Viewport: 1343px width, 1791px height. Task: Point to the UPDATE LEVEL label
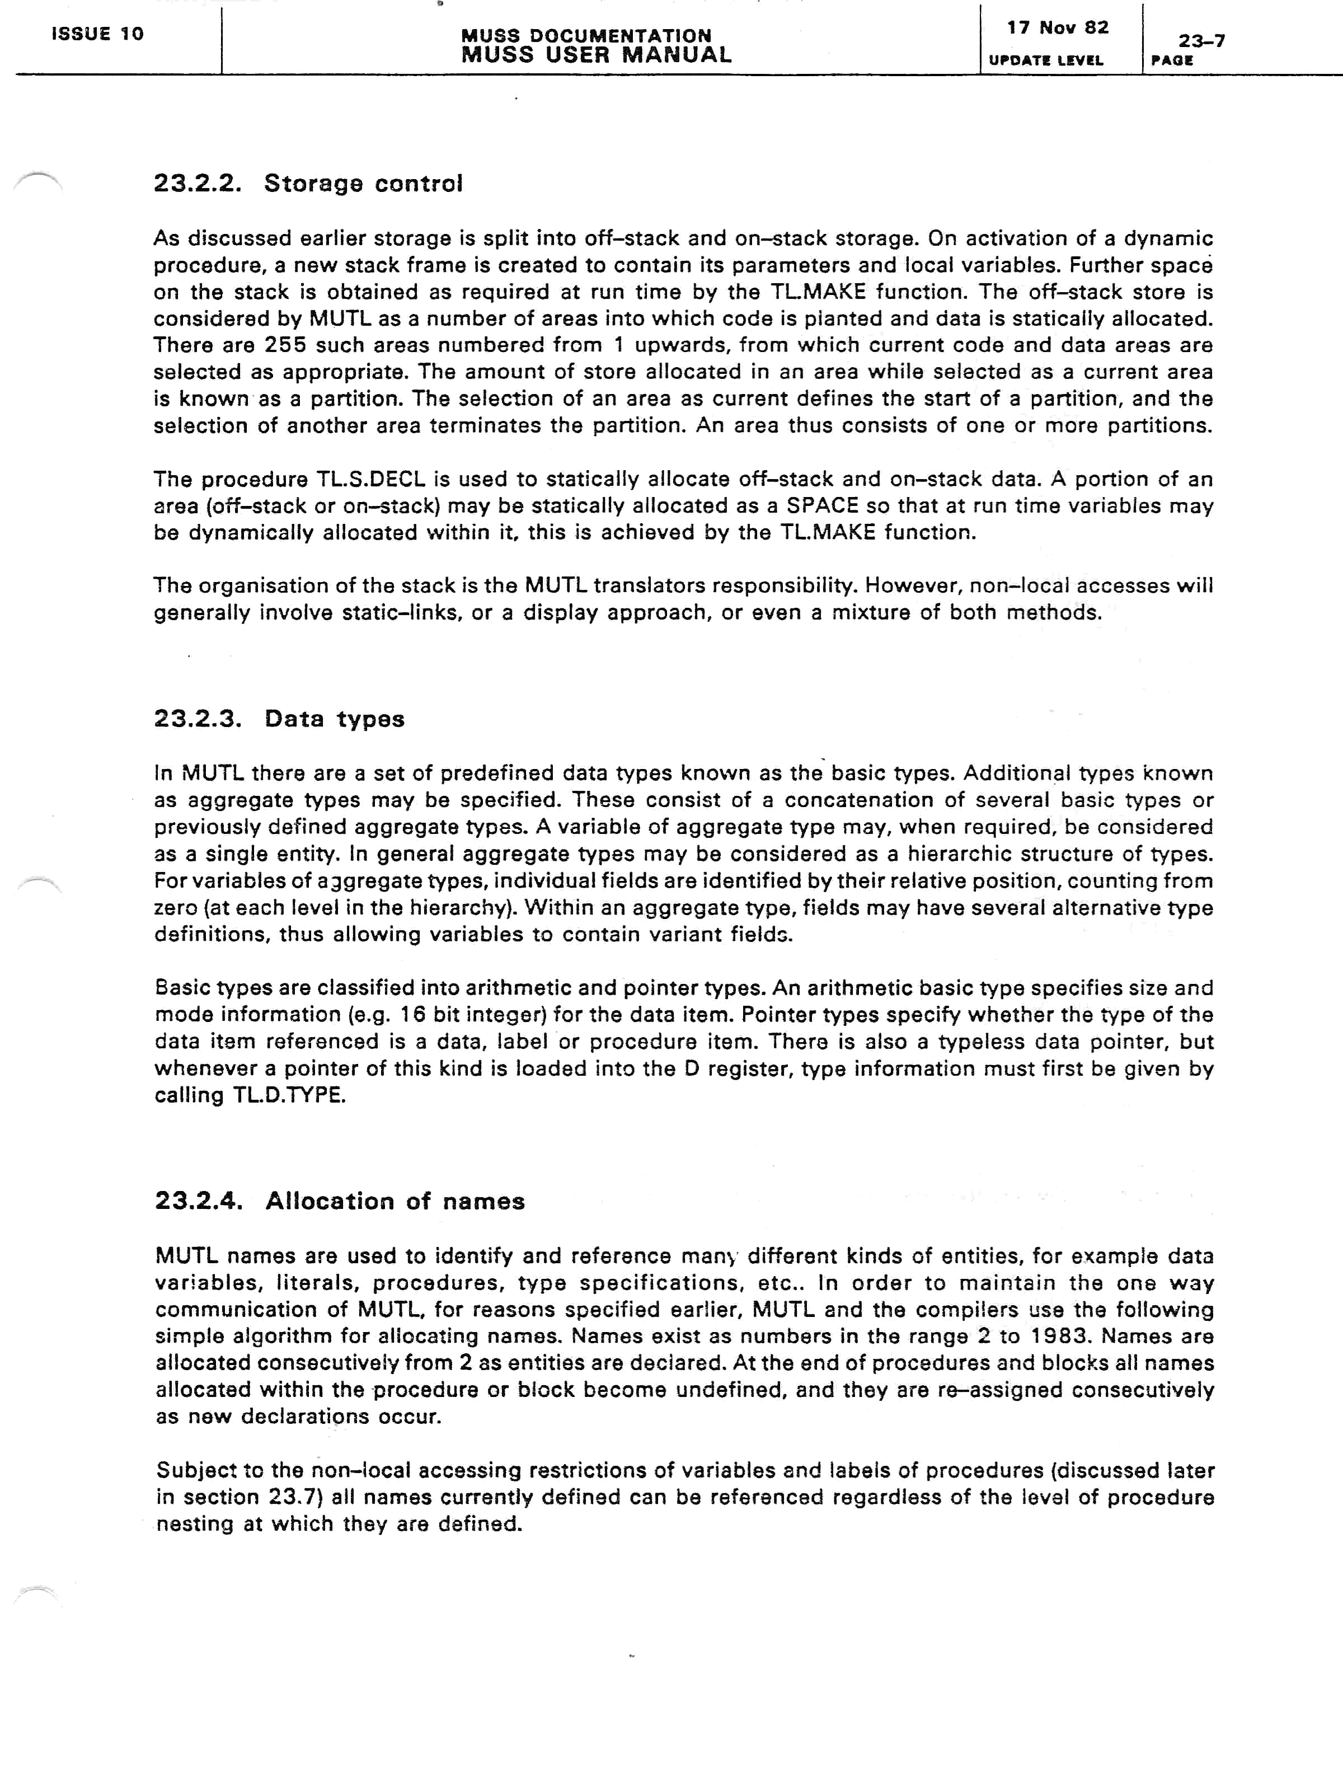1046,60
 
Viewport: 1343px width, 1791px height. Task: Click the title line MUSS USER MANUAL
597,55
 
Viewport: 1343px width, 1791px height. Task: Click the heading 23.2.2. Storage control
308,183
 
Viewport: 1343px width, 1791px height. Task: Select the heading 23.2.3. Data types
279,719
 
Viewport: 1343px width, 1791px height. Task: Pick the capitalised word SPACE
821,506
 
